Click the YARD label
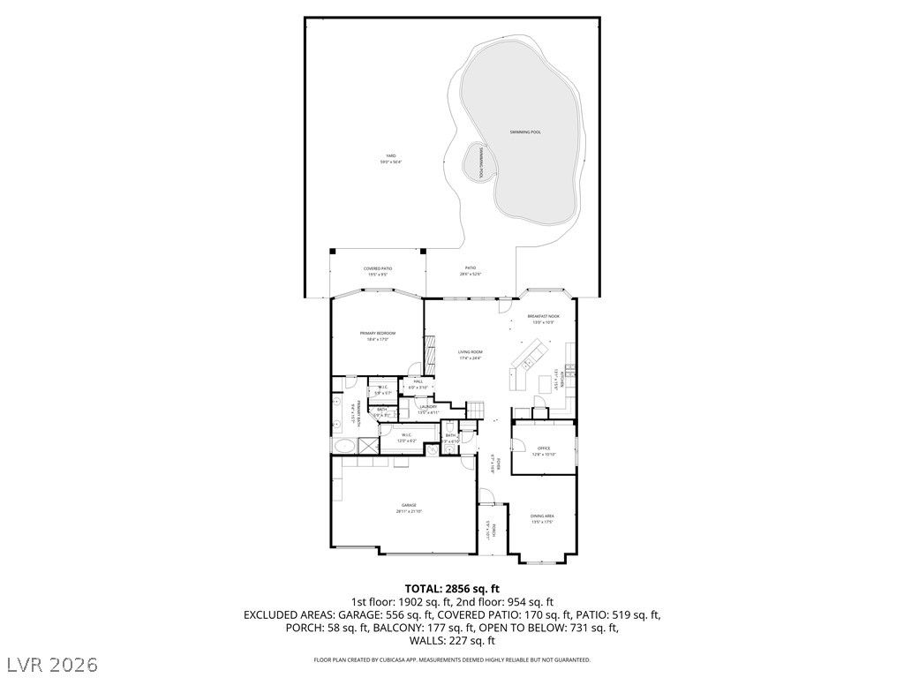(390, 159)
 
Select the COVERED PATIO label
(378, 271)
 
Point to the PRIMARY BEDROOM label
(378, 335)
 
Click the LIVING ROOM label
(470, 354)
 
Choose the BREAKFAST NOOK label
(543, 319)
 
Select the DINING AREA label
(542, 518)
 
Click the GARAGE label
(410, 508)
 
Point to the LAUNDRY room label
(427, 409)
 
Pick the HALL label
(418, 384)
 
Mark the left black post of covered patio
(333, 251)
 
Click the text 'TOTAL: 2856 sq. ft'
(452, 588)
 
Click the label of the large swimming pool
(524, 132)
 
